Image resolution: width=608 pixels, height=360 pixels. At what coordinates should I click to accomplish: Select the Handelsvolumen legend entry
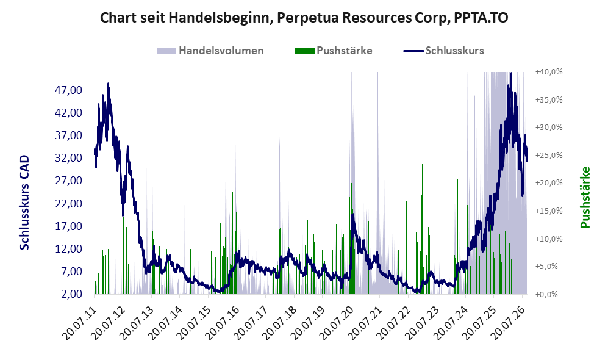point(210,51)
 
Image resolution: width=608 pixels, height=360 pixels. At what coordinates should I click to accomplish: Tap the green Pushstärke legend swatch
point(304,51)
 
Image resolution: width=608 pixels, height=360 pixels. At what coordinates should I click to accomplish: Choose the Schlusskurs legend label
point(454,51)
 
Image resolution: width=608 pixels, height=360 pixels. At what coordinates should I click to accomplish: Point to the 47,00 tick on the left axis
point(69,90)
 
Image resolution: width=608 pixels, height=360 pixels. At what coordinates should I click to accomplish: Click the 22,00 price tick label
point(69,204)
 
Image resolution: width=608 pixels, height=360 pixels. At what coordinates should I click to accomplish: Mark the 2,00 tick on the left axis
point(71,294)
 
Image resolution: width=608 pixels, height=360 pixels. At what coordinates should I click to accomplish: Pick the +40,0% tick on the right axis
point(549,72)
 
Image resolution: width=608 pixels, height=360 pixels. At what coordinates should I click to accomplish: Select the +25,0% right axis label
point(549,155)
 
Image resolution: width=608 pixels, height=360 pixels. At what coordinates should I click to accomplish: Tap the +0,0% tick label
point(546,295)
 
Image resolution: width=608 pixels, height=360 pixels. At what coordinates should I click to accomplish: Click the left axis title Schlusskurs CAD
point(24,202)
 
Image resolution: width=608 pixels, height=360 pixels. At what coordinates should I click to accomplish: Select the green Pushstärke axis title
point(585,198)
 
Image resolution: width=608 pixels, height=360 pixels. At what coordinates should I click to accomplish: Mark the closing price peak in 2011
point(108,84)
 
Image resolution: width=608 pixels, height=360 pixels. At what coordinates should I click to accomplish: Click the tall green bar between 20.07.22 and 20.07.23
point(422,229)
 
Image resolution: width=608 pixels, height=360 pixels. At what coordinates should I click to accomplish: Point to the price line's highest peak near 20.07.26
point(512,74)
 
